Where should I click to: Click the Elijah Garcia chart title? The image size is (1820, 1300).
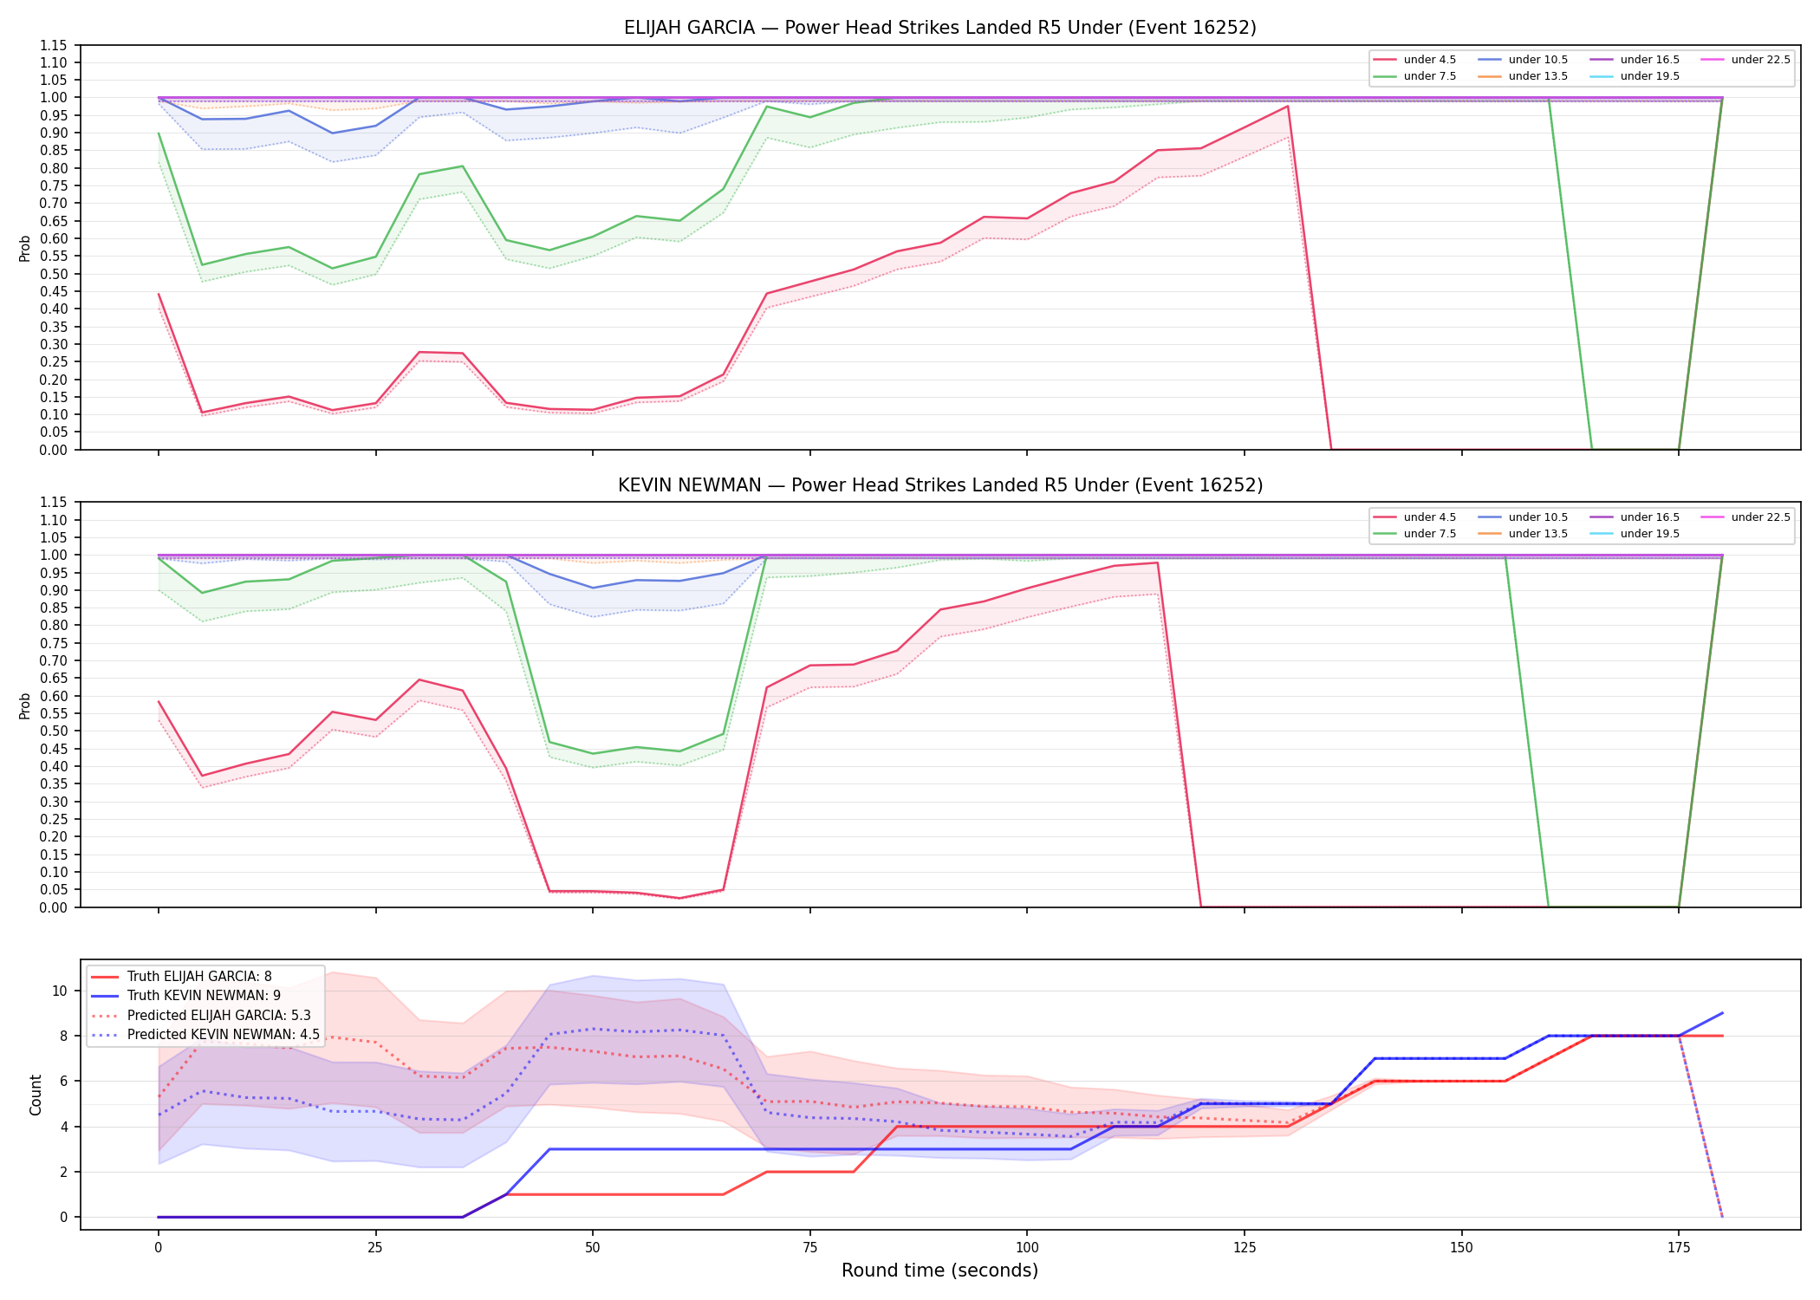(x=939, y=28)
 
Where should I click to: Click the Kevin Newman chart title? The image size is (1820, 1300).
(x=939, y=485)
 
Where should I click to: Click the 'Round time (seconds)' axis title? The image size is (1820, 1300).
(x=939, y=1271)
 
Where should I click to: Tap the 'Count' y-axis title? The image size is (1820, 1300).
(x=36, y=1095)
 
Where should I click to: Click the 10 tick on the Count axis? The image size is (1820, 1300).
(x=60, y=991)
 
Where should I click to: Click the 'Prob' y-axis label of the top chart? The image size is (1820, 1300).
(x=25, y=249)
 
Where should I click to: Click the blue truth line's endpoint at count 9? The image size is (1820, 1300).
(x=1722, y=1013)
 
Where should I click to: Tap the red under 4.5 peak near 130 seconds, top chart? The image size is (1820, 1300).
(x=1288, y=107)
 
